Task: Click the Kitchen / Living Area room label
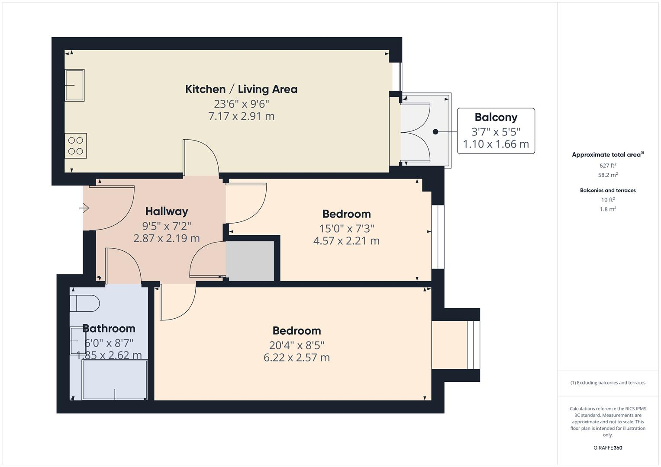241,89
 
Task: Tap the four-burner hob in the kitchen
76,146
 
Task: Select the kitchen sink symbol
74,85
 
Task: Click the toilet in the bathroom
85,303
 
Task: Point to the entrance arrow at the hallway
84,208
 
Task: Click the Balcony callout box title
496,117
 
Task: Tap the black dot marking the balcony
435,132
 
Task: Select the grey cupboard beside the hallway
250,261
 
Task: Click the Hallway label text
167,211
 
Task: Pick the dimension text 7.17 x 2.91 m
241,116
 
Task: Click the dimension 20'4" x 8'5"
297,345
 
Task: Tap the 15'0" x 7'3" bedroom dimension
346,228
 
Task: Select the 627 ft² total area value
608,166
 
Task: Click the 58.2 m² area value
608,175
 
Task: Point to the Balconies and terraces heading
608,190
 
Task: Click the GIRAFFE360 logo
608,448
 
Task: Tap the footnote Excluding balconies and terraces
608,383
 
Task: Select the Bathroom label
109,329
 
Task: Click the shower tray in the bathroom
115,379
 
